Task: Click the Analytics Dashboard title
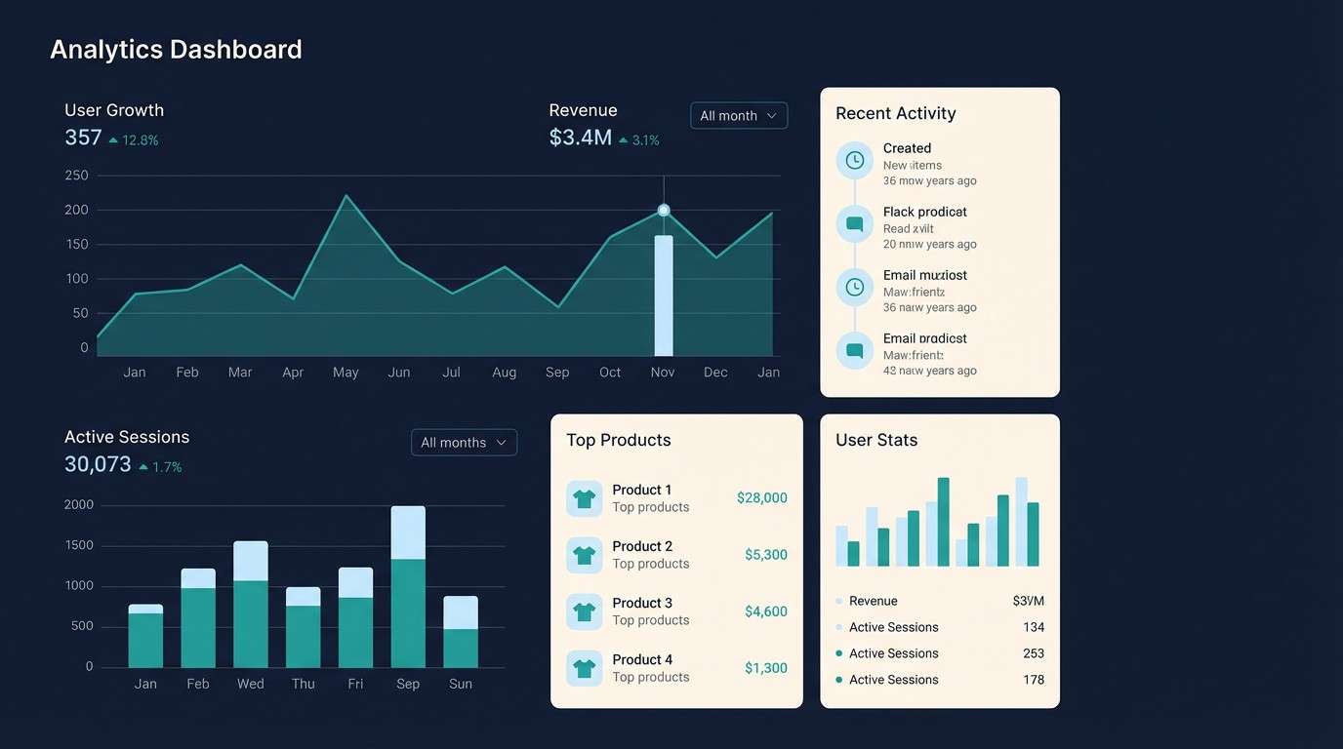(176, 50)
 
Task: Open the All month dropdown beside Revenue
(738, 116)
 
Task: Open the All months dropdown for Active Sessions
(464, 443)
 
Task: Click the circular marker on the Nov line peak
(664, 210)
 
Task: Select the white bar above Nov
(664, 296)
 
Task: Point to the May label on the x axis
(346, 373)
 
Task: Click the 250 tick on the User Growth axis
(77, 176)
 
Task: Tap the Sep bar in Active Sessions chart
(408, 587)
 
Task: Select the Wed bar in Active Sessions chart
(251, 605)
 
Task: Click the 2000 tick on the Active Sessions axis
(78, 505)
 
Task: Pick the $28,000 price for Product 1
(761, 498)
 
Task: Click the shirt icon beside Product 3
(584, 611)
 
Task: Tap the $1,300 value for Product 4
(765, 668)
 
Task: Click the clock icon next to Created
(854, 160)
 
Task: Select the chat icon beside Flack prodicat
(854, 223)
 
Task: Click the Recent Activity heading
(895, 114)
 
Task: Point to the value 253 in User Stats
(1033, 653)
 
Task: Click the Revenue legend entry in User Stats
(872, 602)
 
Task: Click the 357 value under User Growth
(83, 138)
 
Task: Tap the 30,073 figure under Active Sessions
(98, 465)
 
